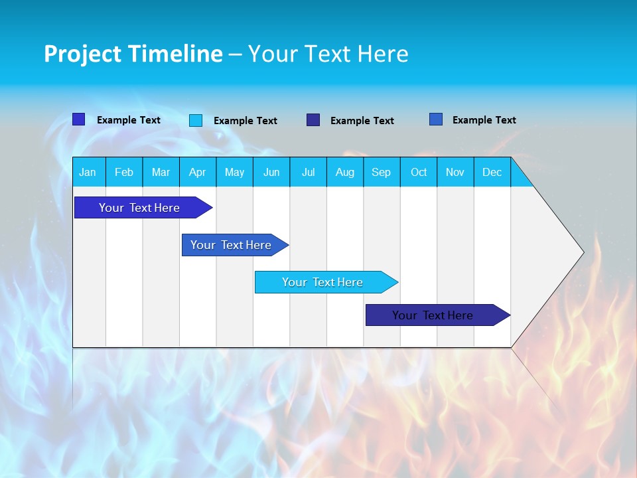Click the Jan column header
88,173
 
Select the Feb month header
124,173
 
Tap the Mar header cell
161,173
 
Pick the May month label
234,173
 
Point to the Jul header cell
308,173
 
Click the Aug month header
345,173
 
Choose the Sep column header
382,173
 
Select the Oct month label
419,173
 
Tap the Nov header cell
455,173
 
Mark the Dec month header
492,173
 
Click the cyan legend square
196,120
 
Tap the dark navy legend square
313,120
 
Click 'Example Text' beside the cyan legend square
246,121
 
